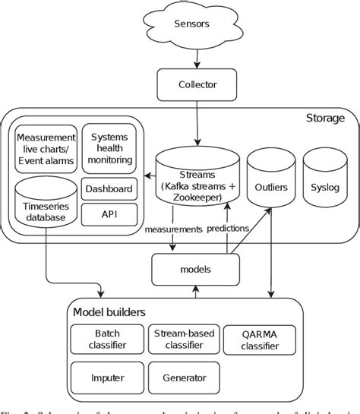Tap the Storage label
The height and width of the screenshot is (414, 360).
324,118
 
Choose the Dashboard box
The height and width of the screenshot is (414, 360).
109,188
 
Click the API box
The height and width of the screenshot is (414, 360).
109,213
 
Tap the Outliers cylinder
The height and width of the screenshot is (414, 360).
271,182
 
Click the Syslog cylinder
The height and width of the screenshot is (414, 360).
325,182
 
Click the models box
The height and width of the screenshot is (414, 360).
196,269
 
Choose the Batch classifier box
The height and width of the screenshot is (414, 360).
107,339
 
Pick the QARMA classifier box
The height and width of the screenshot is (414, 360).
261,339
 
